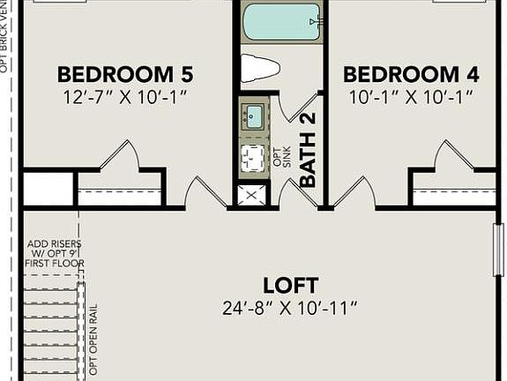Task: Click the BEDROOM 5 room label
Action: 125,73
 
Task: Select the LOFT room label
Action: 290,285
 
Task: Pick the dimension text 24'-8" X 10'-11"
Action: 290,308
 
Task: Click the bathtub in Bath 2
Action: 280,22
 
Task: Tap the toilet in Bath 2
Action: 262,68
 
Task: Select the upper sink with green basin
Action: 254,116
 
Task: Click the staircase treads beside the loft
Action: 48,326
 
